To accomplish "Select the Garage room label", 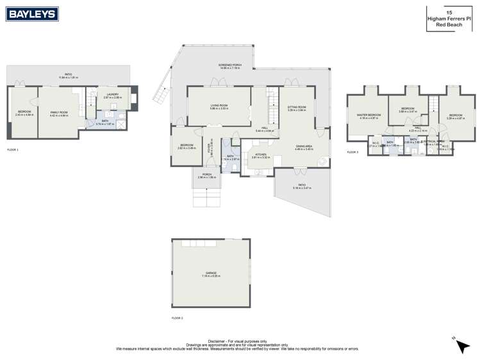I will pyautogui.click(x=211, y=273).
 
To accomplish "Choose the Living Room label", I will pyautogui.click(x=219, y=106).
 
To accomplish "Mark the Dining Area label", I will pyautogui.click(x=304, y=147).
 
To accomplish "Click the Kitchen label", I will pyautogui.click(x=261, y=154).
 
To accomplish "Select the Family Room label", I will pyautogui.click(x=59, y=112).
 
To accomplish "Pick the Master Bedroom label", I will pyautogui.click(x=368, y=115).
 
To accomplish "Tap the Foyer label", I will pyautogui.click(x=210, y=147).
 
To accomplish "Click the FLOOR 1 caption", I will pyautogui.click(x=13, y=149).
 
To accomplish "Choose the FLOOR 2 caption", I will pyautogui.click(x=178, y=318).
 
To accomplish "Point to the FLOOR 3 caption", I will pyautogui.click(x=353, y=152).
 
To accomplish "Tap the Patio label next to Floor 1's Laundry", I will pyautogui.click(x=67, y=74).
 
